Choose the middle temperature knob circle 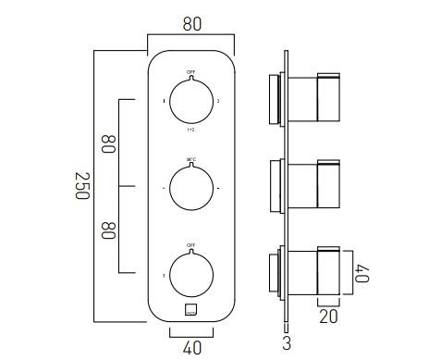[x=190, y=187]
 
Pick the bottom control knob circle [x=190, y=275]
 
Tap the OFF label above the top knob [x=190, y=72]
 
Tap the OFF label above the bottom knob [x=190, y=246]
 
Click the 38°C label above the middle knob [x=190, y=159]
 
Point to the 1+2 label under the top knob [x=190, y=130]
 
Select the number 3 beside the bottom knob [x=164, y=275]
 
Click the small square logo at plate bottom [x=190, y=310]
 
